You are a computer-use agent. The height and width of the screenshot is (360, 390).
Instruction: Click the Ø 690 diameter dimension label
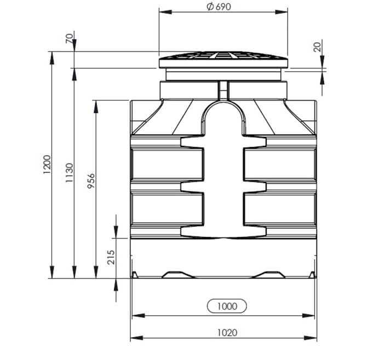click(219, 7)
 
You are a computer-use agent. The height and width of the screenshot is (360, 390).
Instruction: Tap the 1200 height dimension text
click(47, 165)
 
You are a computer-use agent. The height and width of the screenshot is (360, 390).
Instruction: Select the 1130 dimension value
click(69, 173)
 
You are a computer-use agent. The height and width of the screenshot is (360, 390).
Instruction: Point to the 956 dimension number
click(91, 181)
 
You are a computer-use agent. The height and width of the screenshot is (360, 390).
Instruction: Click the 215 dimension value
click(111, 257)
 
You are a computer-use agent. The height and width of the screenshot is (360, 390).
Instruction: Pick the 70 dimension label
click(70, 38)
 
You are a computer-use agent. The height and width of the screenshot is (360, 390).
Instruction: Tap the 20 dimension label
click(317, 47)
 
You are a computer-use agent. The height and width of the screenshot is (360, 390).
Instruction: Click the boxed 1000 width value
click(227, 306)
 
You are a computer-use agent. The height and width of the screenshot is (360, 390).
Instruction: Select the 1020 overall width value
click(227, 333)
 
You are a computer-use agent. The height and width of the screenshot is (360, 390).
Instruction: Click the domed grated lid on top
click(223, 60)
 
